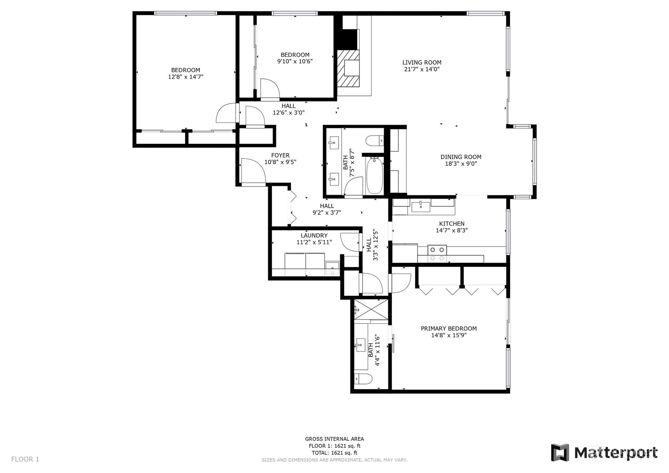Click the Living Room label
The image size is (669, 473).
tap(422, 63)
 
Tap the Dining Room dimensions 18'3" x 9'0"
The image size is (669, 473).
tap(461, 163)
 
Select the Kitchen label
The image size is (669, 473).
tap(452, 223)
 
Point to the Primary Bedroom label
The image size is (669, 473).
tap(448, 328)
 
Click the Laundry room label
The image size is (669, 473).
tap(314, 235)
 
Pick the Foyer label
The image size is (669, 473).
tap(280, 155)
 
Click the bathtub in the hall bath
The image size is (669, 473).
tap(375, 175)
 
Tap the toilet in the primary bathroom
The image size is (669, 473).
tap(363, 379)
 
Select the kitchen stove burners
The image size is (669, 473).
tap(437, 254)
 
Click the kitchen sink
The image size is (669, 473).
tap(420, 206)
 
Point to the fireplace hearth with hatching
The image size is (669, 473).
tap(348, 68)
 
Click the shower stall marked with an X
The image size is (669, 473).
tap(371, 310)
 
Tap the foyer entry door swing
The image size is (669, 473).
tap(253, 172)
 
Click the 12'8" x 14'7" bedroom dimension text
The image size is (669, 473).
tap(186, 77)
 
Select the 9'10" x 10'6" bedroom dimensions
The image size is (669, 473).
tap(295, 61)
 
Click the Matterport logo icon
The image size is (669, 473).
tap(560, 453)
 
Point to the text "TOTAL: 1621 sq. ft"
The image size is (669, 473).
tap(335, 453)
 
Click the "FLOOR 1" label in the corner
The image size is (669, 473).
tap(25, 459)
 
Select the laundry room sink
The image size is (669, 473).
tap(332, 268)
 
